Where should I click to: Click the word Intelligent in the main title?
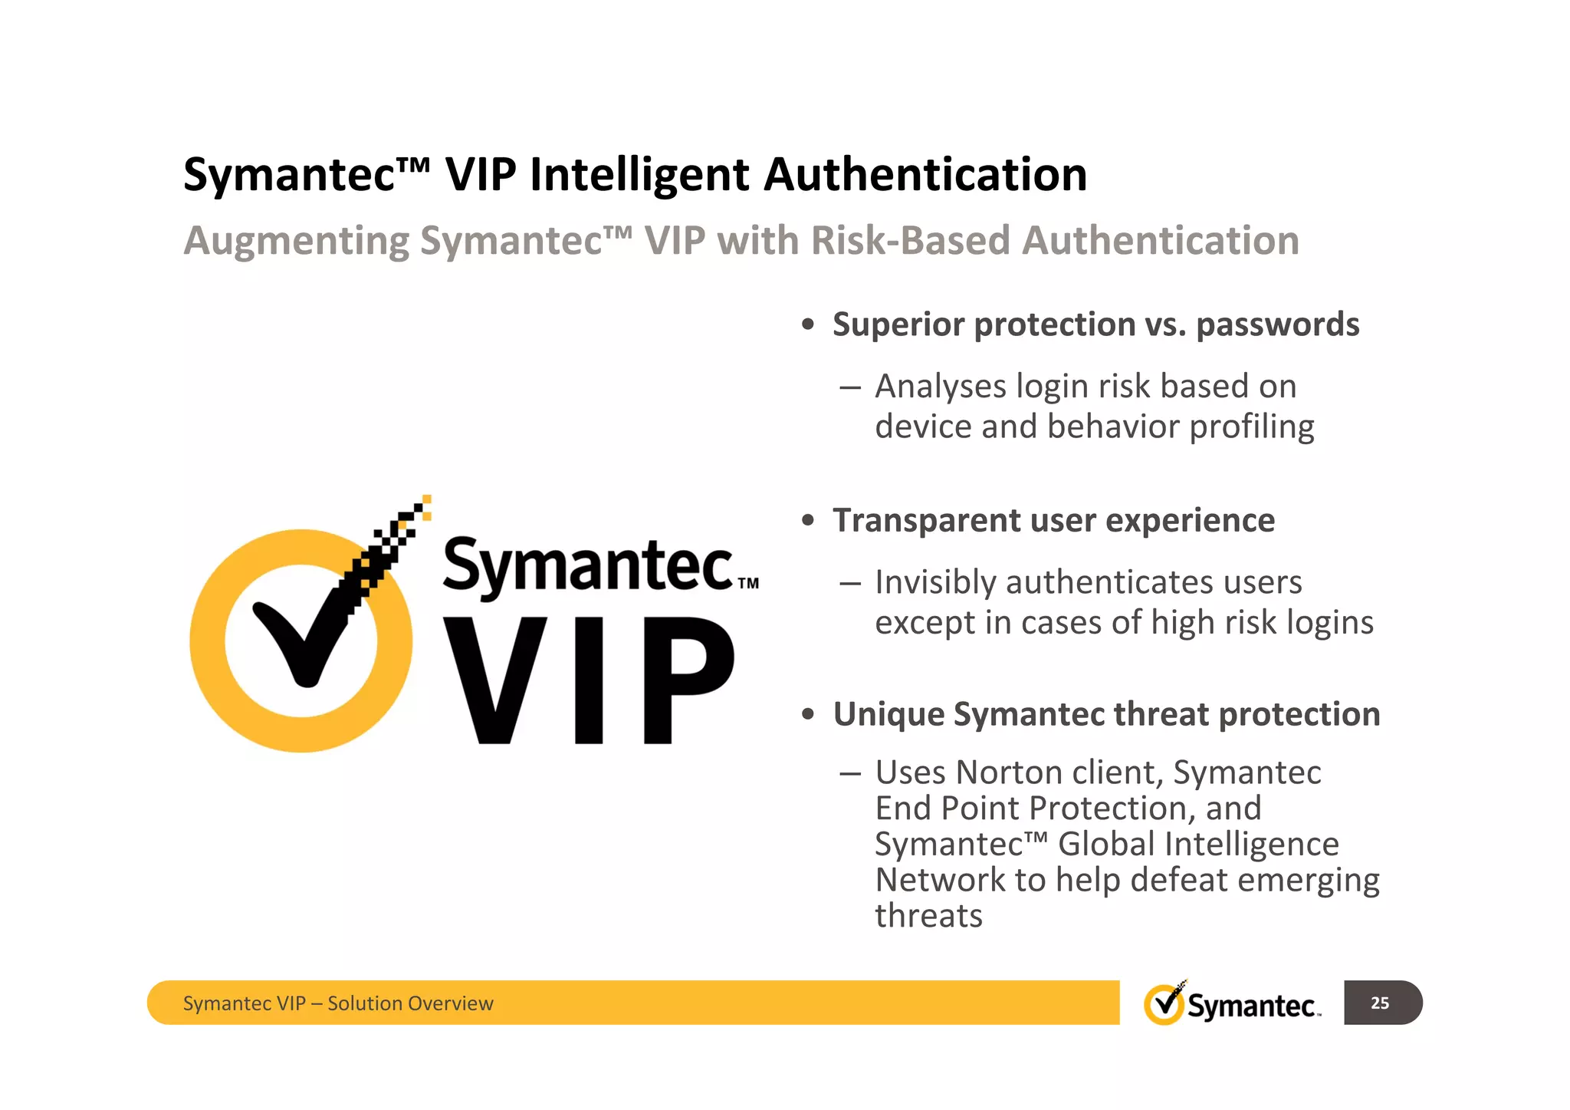tap(639, 175)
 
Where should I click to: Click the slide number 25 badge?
tap(1381, 1003)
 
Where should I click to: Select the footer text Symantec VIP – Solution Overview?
tap(338, 1003)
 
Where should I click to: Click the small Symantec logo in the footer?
tap(1233, 1003)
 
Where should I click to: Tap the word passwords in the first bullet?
tap(1277, 325)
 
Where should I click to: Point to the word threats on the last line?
tap(928, 917)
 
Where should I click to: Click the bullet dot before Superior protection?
tap(807, 325)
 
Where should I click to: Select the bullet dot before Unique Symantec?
tap(807, 715)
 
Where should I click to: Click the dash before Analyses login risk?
tap(849, 387)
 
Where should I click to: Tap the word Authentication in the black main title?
tap(925, 175)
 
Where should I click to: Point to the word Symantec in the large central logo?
tap(588, 565)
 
